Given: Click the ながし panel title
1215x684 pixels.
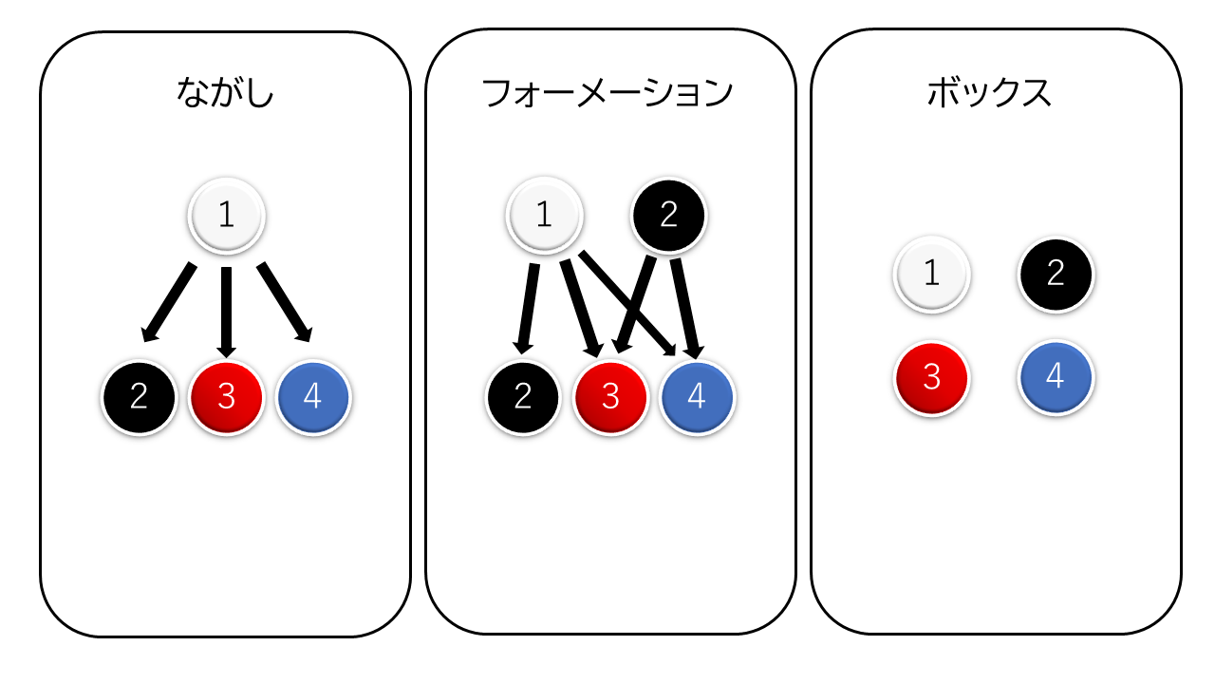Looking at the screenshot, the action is coord(225,92).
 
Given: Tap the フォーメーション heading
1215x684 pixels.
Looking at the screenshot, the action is coord(607,93).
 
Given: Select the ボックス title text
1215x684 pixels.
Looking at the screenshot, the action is coord(989,92).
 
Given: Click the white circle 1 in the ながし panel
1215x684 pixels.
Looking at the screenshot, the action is coord(226,216).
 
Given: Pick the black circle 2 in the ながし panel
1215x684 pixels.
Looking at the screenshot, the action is coord(140,397).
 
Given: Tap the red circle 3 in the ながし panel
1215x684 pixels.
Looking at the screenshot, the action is coord(226,397).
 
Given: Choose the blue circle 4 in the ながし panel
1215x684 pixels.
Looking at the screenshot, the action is coord(313,397).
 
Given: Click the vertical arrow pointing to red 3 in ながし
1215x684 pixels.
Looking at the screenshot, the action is coord(226,313).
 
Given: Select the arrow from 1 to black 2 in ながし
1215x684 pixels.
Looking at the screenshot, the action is coord(169,302).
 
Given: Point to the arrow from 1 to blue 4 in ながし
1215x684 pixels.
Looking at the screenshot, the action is coord(285,302).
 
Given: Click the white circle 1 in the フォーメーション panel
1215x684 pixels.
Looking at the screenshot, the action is coord(545,215).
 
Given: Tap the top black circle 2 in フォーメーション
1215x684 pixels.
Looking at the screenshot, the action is coord(669,215).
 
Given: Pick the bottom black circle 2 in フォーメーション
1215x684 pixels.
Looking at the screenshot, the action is coord(523,397).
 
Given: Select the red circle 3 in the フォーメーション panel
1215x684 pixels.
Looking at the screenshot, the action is coord(610,397).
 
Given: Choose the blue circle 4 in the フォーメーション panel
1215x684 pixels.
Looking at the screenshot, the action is coord(697,397).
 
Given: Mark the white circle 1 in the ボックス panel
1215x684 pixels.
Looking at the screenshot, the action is coord(932,275).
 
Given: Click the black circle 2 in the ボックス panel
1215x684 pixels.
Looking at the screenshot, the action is coord(1056,275).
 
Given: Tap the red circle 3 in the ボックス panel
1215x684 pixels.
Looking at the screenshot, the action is coord(932,378).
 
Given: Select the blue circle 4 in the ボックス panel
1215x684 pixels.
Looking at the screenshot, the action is coord(1056,377).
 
